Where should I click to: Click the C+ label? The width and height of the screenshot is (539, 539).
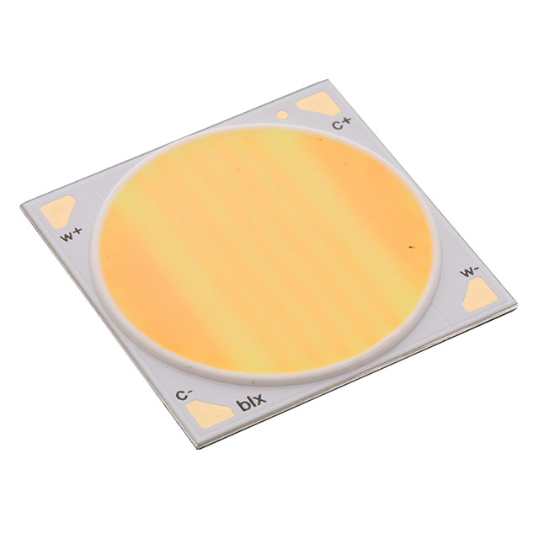click(342, 123)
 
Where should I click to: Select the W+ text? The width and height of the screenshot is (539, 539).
click(71, 235)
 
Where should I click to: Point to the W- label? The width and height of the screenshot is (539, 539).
click(470, 272)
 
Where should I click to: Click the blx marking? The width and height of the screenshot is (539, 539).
click(253, 403)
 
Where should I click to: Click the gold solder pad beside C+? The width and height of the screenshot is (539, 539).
click(318, 103)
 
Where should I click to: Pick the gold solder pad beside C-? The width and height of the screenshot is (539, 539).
click(208, 415)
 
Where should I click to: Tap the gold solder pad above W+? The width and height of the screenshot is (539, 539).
click(57, 211)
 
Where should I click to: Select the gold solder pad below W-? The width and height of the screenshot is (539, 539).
click(480, 295)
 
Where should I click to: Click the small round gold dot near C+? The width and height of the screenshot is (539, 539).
click(282, 115)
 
